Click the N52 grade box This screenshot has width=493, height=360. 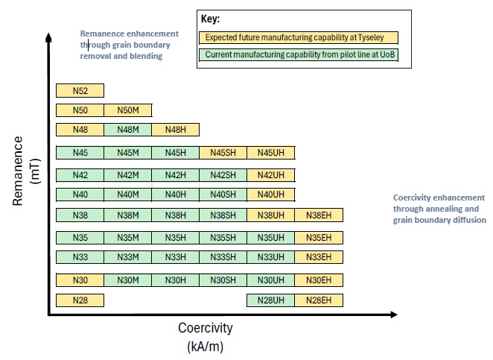[80, 91]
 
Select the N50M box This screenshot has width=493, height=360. [127, 111]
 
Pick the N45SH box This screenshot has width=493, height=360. [223, 154]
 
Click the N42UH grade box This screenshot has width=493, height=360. [270, 175]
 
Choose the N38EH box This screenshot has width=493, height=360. [318, 215]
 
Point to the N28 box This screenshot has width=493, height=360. [80, 300]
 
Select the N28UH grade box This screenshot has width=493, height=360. [270, 300]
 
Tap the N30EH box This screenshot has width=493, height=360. [318, 280]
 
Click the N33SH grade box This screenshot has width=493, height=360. [223, 257]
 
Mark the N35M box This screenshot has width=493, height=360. [127, 239]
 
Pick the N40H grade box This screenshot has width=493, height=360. [175, 195]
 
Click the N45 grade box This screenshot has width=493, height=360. [80, 154]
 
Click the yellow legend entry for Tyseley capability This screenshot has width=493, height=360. [299, 37]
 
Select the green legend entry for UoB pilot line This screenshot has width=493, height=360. [299, 54]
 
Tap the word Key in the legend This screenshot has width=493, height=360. [210, 19]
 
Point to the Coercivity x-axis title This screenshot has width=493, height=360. [205, 328]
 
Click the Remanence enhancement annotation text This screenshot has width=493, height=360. [129, 45]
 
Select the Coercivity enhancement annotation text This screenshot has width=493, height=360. [439, 209]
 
